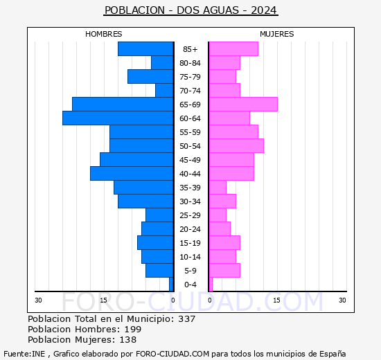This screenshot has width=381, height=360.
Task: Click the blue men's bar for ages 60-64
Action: [x=118, y=118]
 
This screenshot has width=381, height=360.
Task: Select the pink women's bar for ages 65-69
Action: [x=243, y=105]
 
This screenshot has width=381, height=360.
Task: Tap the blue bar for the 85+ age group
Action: [x=145, y=49]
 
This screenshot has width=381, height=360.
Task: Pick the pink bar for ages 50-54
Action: [x=236, y=146]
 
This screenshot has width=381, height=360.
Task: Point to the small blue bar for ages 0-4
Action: [x=171, y=285]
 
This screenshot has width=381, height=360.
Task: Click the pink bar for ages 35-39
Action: [x=218, y=188]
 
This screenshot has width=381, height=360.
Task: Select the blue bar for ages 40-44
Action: [x=132, y=174]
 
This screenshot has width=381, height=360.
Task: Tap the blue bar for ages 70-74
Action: [x=164, y=91]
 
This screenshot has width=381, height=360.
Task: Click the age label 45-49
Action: [x=190, y=160]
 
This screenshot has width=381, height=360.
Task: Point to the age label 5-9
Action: [x=190, y=271]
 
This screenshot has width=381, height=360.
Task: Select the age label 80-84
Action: [x=190, y=63]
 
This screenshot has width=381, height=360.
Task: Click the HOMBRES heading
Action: [x=103, y=34]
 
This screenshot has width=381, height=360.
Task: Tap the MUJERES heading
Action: [x=277, y=34]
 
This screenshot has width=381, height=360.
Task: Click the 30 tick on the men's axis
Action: [x=38, y=300]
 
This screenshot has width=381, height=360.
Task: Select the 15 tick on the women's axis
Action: [x=276, y=300]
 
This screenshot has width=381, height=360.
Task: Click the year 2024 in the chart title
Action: [x=264, y=10]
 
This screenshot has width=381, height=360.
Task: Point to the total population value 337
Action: [x=186, y=318]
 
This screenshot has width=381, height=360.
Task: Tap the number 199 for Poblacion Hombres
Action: [x=133, y=329]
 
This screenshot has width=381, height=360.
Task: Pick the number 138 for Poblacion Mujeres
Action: [x=128, y=340]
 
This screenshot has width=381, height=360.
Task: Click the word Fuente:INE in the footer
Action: [x=24, y=354]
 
